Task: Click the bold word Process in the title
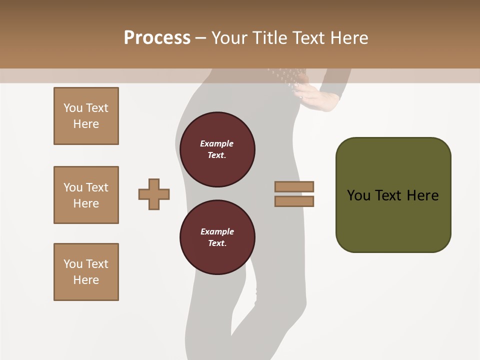click(x=157, y=38)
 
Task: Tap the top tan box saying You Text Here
click(x=86, y=116)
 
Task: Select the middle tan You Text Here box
click(x=86, y=195)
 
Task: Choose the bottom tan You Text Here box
click(x=86, y=272)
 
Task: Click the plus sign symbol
click(x=154, y=194)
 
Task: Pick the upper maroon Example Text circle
click(x=217, y=149)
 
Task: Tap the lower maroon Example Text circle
click(x=217, y=237)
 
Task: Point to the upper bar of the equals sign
click(x=294, y=186)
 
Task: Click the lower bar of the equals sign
click(x=294, y=201)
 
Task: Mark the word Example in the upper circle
click(x=217, y=144)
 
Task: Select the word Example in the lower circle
click(x=217, y=232)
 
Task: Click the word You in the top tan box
click(x=73, y=108)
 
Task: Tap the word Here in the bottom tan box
click(x=86, y=280)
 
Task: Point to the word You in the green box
click(x=358, y=195)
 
